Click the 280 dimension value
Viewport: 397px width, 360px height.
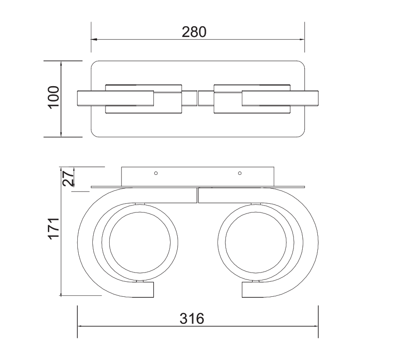[194, 32]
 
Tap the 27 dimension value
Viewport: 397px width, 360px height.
[69, 179]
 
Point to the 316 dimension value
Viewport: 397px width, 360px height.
[193, 319]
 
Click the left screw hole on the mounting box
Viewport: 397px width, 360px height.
[156, 173]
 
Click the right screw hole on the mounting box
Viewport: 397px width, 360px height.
[240, 173]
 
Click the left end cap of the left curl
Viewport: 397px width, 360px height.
[146, 289]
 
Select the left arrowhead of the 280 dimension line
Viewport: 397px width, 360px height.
[94, 39]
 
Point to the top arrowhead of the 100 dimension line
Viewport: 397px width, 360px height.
[61, 64]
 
